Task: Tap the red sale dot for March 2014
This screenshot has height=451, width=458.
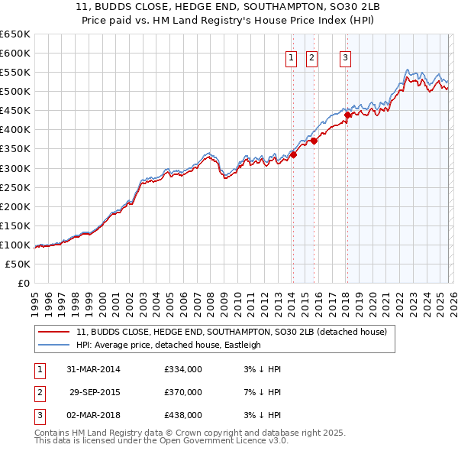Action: pyautogui.click(x=293, y=154)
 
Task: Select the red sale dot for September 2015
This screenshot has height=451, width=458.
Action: pyautogui.click(x=314, y=141)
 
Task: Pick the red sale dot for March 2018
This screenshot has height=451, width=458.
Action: pyautogui.click(x=347, y=115)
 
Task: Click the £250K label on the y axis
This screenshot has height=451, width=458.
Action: pyautogui.click(x=15, y=187)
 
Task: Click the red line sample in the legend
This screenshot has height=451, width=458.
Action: pyautogui.click(x=54, y=332)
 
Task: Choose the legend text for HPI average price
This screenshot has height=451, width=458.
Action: pyautogui.click(x=169, y=345)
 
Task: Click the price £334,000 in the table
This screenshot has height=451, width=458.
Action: pyautogui.click(x=183, y=369)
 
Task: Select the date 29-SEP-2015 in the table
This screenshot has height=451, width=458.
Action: pyautogui.click(x=95, y=392)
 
